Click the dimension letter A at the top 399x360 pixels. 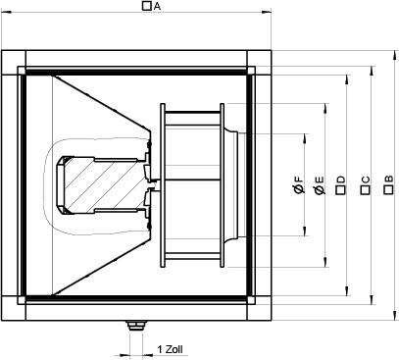(x=158, y=6)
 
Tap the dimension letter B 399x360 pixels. (x=389, y=180)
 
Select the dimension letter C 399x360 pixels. (x=366, y=180)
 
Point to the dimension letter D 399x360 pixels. (x=341, y=180)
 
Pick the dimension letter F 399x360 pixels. (x=299, y=180)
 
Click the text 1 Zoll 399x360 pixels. (x=171, y=349)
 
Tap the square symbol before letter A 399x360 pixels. (x=147, y=6)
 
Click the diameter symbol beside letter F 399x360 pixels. (x=299, y=189)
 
